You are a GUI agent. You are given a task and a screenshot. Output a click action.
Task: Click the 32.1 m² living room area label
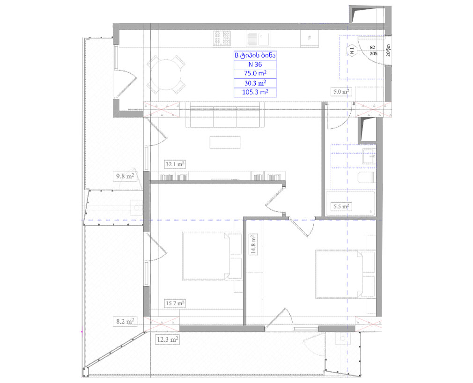[175, 164]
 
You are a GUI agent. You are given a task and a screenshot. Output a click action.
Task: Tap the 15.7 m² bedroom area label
[175, 303]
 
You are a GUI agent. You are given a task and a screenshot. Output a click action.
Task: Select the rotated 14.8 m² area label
[253, 244]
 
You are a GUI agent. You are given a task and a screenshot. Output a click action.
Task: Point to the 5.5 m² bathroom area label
[341, 206]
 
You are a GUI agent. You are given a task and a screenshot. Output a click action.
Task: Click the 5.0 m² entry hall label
[341, 91]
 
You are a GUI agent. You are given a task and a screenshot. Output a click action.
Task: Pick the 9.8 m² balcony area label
[125, 176]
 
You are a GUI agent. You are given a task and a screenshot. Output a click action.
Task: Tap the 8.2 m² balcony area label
[125, 322]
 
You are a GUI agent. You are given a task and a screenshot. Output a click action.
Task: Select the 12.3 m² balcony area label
[167, 340]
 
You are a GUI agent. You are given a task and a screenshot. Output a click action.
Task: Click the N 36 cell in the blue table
[255, 64]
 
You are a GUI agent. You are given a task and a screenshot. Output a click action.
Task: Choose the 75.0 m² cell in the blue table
[255, 74]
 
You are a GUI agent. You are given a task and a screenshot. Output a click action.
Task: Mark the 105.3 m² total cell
[255, 92]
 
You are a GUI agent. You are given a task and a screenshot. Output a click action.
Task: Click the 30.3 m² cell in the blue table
[255, 83]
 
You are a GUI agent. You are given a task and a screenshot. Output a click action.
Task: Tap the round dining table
[166, 74]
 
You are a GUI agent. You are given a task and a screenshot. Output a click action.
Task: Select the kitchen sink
[258, 38]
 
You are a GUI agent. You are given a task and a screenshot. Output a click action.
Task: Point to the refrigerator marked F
[310, 38]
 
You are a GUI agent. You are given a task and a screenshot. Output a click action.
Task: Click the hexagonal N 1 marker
[352, 51]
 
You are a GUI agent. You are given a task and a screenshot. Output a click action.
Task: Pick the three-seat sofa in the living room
[225, 115]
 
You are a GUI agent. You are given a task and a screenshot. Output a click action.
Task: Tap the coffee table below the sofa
[225, 142]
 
